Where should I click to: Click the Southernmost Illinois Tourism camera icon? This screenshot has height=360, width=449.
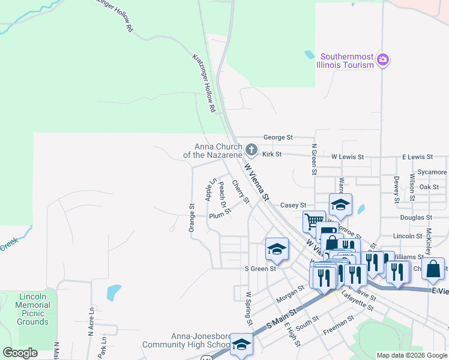[x=383, y=59]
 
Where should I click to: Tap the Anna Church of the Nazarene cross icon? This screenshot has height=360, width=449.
[x=252, y=149]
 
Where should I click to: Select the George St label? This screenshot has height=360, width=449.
[x=278, y=137]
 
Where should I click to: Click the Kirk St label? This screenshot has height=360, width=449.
[x=272, y=154]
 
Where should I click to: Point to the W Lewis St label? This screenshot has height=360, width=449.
[x=348, y=157]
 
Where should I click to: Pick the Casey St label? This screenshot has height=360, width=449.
[x=294, y=205]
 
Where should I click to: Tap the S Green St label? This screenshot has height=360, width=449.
[x=260, y=269]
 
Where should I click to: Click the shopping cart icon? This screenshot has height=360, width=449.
[x=313, y=221]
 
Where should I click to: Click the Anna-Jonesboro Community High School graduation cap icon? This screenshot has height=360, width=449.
[x=241, y=344]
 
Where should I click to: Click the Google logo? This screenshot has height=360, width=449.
[x=20, y=353]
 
